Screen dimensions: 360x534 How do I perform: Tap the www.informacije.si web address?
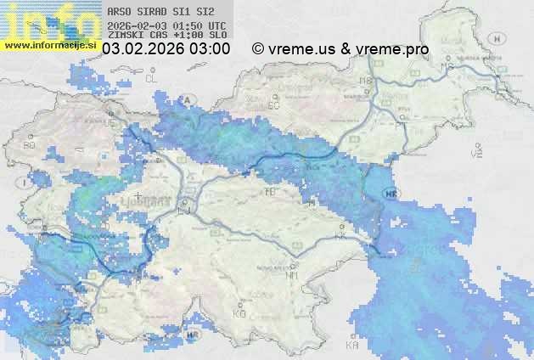51,43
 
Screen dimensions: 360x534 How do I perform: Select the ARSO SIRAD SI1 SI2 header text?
161,13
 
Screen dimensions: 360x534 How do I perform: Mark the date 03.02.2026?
142,49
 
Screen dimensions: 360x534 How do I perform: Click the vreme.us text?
301,49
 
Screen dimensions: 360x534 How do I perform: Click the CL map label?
152,78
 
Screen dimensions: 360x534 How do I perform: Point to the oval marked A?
188,99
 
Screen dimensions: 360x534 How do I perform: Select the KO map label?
239,313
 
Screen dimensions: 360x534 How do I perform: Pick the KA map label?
351,346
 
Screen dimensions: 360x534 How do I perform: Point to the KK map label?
341,235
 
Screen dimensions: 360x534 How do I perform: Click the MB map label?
367,81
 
